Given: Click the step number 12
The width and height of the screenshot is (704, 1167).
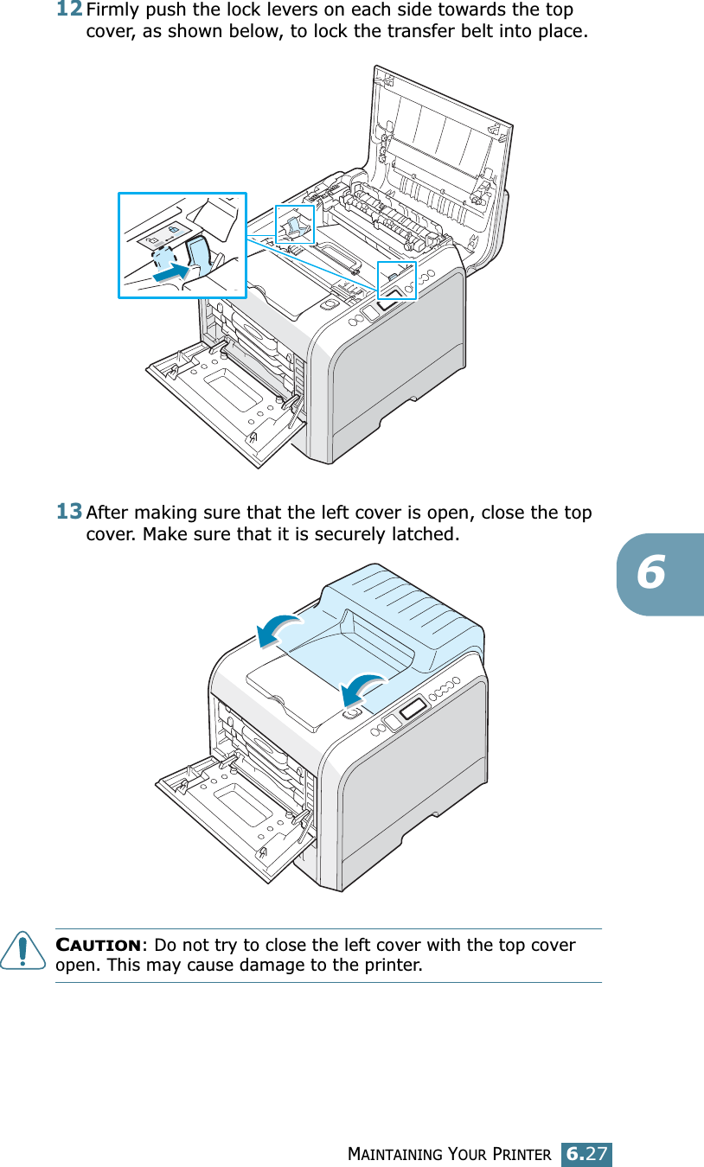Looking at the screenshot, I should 70,10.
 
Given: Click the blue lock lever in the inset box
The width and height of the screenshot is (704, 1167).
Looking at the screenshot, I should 200,256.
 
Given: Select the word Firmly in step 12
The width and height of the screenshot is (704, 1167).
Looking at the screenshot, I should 112,12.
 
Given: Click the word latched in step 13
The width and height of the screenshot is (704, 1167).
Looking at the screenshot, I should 425,533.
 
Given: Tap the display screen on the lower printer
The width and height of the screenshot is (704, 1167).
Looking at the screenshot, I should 412,711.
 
